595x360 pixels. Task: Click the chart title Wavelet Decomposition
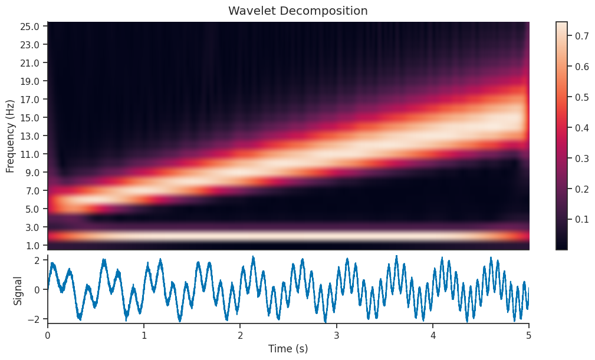click(298, 11)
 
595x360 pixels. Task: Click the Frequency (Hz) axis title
click(10, 136)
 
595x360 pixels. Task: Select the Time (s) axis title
click(288, 348)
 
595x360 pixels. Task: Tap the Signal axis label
click(18, 290)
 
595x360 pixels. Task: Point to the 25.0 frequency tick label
click(30, 27)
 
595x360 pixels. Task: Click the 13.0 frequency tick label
click(30, 136)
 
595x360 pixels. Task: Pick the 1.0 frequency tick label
click(30, 245)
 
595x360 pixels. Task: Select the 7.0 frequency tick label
click(30, 191)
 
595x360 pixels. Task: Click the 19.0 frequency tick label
click(30, 81)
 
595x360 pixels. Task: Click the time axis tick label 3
click(337, 334)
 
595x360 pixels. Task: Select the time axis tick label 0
click(48, 334)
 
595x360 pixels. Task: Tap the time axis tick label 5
click(529, 334)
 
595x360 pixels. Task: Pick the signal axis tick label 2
click(36, 260)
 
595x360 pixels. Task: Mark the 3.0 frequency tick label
click(30, 227)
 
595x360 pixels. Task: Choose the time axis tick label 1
click(144, 334)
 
